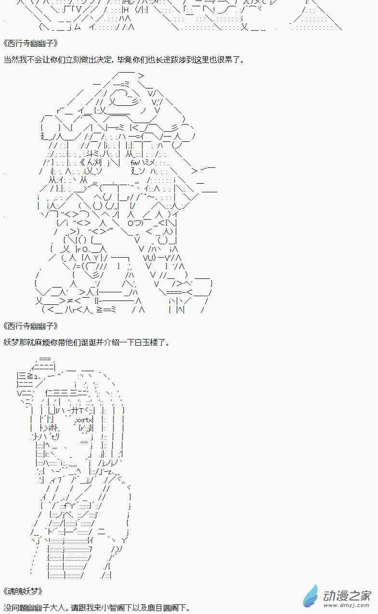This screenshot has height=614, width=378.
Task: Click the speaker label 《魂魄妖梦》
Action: point(23,591)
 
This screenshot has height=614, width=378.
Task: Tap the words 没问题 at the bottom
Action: point(15,608)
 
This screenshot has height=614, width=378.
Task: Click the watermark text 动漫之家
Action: point(347,595)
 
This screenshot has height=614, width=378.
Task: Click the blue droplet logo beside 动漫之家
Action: point(311,595)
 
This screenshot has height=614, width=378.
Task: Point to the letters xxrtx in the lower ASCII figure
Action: point(83,420)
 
